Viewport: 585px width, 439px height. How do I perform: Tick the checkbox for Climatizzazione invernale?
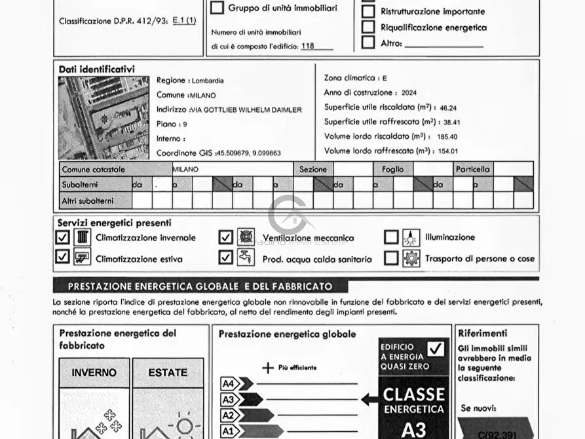click(x=62, y=237)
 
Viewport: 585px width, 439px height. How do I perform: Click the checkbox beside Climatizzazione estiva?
click(x=62, y=258)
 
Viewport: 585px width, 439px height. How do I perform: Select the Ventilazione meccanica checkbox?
click(x=226, y=237)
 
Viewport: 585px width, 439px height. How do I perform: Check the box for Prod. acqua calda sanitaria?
click(x=226, y=258)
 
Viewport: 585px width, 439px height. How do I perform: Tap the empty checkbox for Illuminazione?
click(x=391, y=237)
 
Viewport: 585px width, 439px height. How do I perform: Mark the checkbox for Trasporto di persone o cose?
click(x=391, y=258)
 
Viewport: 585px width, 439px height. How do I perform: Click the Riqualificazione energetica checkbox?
click(x=369, y=28)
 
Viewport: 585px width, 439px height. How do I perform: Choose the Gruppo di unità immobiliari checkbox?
click(x=217, y=9)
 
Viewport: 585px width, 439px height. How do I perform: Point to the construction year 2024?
click(x=409, y=93)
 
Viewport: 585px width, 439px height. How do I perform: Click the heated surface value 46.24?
click(x=449, y=108)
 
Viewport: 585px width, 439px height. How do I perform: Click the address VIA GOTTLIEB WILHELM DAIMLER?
click(x=246, y=110)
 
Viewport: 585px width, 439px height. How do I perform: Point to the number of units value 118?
click(x=307, y=47)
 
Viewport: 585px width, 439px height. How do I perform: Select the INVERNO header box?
click(x=94, y=372)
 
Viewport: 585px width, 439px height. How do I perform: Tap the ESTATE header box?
click(x=168, y=372)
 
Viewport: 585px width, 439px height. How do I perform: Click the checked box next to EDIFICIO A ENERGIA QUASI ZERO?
click(x=436, y=349)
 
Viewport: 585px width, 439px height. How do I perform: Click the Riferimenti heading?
click(x=483, y=334)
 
